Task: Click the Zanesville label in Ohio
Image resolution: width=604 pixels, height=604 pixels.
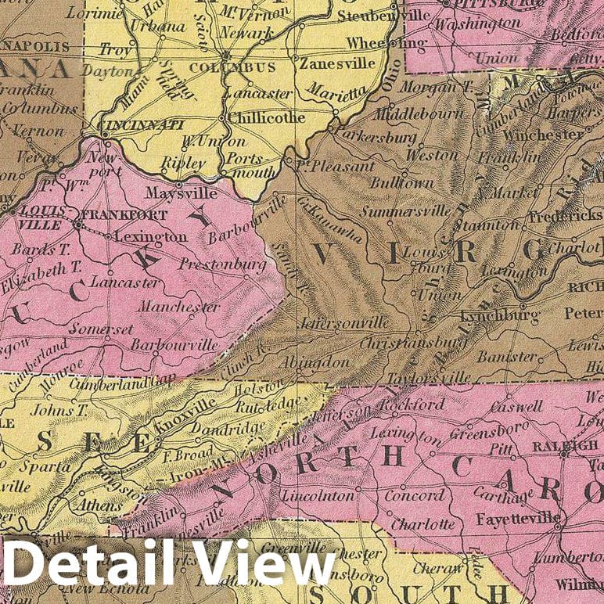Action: [x=332, y=65]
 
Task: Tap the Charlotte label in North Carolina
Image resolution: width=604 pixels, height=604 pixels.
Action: [x=422, y=523]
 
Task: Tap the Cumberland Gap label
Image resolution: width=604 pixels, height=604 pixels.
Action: [x=109, y=384]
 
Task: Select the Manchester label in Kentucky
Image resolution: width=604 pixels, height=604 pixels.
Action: [x=179, y=307]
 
